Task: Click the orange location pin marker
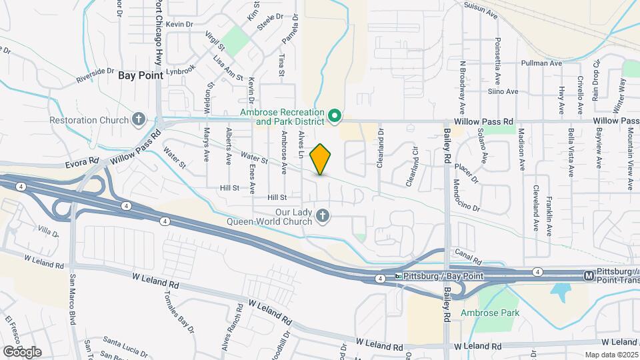point(321,159)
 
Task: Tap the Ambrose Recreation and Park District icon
point(335,117)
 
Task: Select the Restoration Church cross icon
point(139,120)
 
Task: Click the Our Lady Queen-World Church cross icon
point(323,215)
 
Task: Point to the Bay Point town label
point(141,76)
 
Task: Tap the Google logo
point(22,351)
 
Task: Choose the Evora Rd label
point(82,161)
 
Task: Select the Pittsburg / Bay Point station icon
point(399,276)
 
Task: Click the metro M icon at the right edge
point(589,275)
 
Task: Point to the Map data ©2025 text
point(611,355)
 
